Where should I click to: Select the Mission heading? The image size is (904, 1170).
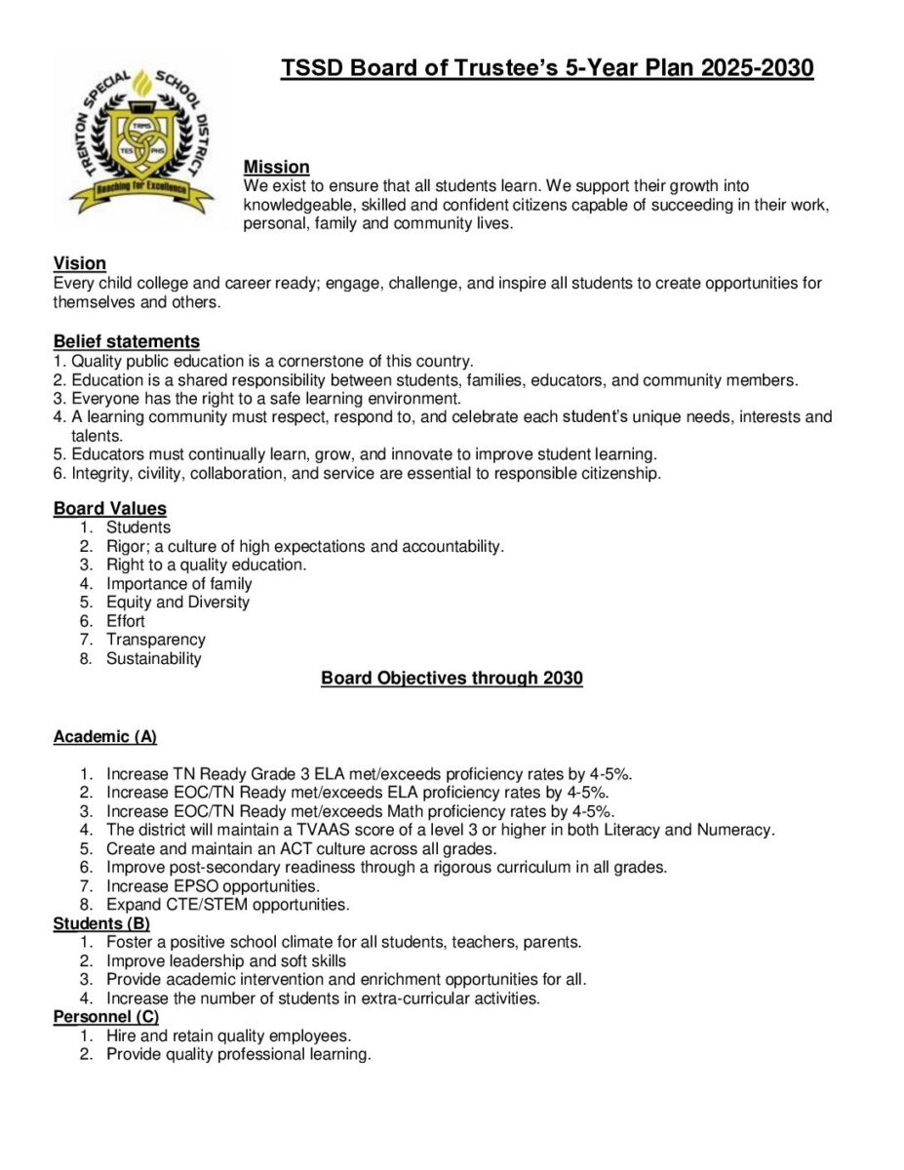(276, 167)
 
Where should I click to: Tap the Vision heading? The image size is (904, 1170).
(79, 263)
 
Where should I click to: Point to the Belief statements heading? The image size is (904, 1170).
(126, 341)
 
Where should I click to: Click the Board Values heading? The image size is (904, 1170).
(109, 508)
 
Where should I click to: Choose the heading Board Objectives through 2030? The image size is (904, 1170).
(452, 678)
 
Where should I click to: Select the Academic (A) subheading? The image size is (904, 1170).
(104, 736)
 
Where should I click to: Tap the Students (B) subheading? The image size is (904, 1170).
(101, 923)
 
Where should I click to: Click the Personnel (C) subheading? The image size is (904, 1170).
(105, 1017)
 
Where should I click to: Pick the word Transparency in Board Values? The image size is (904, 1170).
(156, 640)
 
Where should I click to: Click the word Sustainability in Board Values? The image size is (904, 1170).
(154, 658)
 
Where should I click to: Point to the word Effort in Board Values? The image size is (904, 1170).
(126, 621)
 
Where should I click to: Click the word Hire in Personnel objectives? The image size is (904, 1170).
(122, 1035)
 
